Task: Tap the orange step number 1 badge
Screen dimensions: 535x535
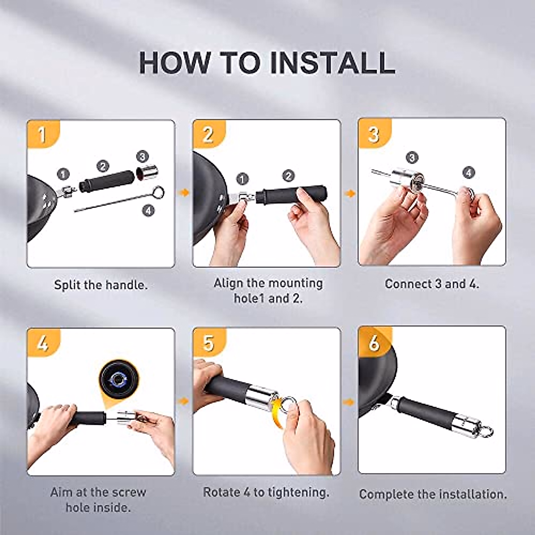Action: coord(42,134)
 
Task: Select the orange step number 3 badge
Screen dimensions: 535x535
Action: coord(374,133)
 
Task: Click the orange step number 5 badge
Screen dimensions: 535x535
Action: coord(208,342)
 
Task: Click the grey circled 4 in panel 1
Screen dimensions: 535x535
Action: coord(148,211)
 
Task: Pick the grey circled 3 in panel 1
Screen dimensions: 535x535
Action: coord(142,157)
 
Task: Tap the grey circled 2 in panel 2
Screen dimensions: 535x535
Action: coord(289,176)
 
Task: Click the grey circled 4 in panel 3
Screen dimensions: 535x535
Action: coord(469,173)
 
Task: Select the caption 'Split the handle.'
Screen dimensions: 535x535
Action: coord(101,285)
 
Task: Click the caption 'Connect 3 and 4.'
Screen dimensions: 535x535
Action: coord(432,284)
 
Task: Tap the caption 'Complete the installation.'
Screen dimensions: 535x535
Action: coord(433,494)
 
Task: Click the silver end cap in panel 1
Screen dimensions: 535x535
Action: coord(147,173)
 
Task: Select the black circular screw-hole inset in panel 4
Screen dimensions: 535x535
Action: coord(119,379)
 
